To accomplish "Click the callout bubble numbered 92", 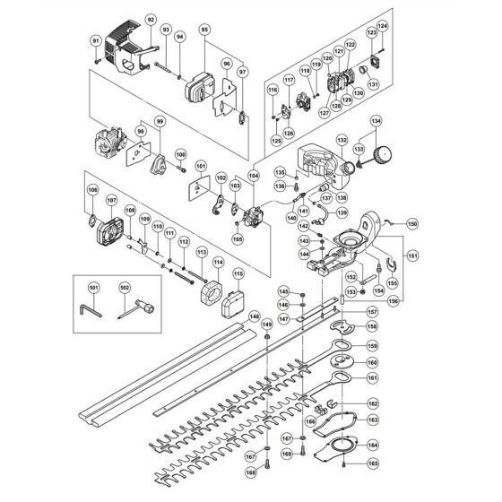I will point(150,19).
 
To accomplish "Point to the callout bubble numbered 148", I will point(254,316).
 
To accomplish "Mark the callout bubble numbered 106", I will point(91,190).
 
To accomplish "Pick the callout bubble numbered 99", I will point(160,121).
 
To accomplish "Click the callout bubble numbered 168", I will point(251,472).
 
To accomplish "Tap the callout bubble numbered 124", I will point(382,25).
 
